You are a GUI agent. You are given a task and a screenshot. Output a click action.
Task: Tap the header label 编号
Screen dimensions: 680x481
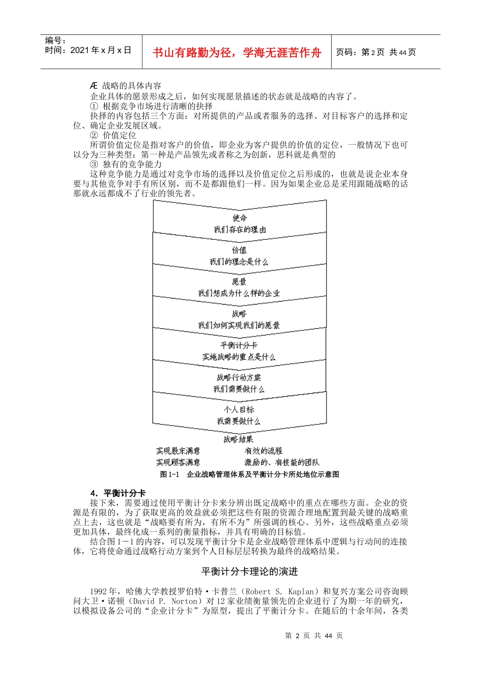(x=55, y=40)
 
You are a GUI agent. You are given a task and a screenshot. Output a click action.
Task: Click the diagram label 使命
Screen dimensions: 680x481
(x=239, y=218)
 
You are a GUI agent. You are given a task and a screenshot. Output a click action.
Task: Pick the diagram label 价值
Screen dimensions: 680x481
(x=239, y=250)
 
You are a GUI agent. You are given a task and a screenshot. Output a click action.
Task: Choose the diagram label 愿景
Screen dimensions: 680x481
(x=239, y=282)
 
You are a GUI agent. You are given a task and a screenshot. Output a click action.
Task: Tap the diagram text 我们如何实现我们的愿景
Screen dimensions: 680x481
(x=239, y=325)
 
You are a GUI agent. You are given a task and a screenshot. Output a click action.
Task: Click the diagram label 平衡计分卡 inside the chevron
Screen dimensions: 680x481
(x=239, y=346)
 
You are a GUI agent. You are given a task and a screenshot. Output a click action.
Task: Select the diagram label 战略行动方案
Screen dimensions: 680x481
(x=239, y=377)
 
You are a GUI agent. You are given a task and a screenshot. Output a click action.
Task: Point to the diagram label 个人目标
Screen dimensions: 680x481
(x=239, y=409)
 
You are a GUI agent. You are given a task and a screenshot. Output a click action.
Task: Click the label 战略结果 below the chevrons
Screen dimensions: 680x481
(x=238, y=439)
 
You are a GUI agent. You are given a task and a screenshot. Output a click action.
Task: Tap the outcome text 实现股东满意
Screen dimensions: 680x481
(x=178, y=451)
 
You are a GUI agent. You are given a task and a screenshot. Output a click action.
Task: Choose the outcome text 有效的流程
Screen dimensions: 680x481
(x=263, y=451)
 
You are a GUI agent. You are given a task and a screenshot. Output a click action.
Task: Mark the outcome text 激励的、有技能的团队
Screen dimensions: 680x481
(x=282, y=462)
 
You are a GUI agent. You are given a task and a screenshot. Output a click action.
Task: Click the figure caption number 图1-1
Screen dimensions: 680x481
(x=170, y=475)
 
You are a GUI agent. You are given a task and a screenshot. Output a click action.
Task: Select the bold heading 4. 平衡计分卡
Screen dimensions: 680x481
(x=118, y=493)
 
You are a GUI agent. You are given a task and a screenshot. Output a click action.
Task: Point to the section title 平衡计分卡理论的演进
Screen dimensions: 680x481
(x=250, y=572)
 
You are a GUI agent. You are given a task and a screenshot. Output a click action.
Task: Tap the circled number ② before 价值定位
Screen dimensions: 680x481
(x=94, y=136)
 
